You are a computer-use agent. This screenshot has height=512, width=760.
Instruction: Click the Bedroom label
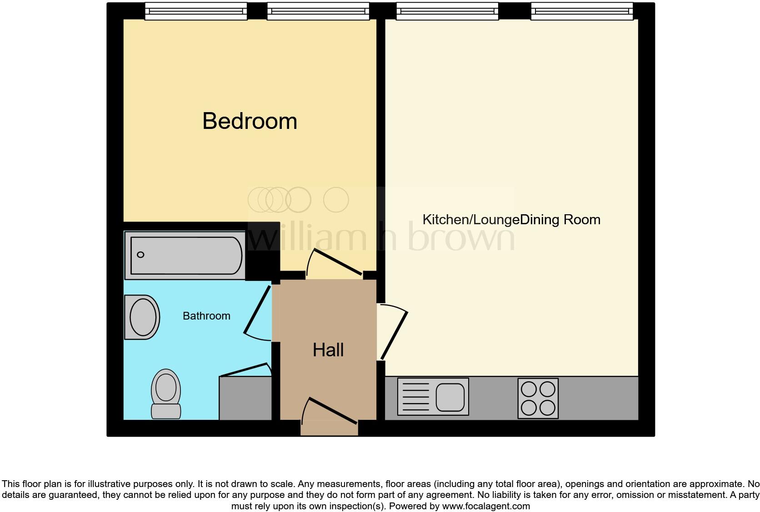coord(250,121)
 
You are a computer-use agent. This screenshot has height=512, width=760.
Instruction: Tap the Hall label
coord(328,350)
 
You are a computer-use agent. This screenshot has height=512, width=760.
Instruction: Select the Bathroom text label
coord(206,316)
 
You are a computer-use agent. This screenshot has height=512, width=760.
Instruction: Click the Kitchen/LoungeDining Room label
coord(511,220)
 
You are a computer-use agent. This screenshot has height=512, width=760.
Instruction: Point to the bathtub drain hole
coord(140,255)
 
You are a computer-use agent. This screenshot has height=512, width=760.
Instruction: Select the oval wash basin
coord(142,317)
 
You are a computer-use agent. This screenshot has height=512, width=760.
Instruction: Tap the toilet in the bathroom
coord(166,393)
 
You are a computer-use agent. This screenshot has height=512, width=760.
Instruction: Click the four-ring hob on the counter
coord(538,398)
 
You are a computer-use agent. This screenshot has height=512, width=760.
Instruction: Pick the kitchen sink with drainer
coord(433,397)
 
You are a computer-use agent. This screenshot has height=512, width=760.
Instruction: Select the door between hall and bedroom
coord(335,262)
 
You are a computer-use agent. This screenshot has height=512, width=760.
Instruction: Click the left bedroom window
coord(195,11)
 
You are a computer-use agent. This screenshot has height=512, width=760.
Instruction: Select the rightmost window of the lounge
coord(581,11)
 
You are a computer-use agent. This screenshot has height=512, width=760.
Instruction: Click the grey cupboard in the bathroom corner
coord(245,399)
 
